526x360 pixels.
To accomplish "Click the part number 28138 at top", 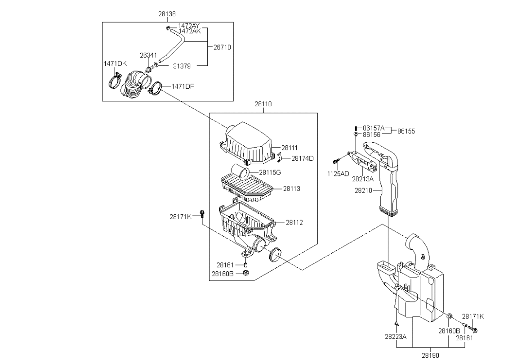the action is [x=167, y=14].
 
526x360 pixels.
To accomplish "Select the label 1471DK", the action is [x=115, y=63].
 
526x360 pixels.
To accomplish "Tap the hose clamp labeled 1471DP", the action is [x=155, y=88].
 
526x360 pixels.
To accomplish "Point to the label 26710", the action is [x=222, y=47].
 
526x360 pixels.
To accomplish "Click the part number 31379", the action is [x=182, y=66].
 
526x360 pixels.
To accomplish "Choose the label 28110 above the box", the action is [x=263, y=104].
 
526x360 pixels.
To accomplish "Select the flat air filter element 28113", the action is [x=247, y=189].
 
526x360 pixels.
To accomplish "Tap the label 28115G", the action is [x=270, y=173].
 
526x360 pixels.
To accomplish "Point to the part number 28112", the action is [x=294, y=222].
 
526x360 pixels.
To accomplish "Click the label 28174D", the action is [x=302, y=158].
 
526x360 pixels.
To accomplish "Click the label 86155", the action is [x=406, y=131].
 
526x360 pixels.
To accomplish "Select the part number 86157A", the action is [x=374, y=128].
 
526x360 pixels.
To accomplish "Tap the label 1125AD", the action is [x=338, y=174].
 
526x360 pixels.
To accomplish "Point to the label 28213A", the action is [x=363, y=179].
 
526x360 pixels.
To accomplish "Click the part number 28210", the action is [x=363, y=190].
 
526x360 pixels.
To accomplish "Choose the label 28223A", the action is [x=396, y=337].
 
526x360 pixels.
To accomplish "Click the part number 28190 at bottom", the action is [x=430, y=355].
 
